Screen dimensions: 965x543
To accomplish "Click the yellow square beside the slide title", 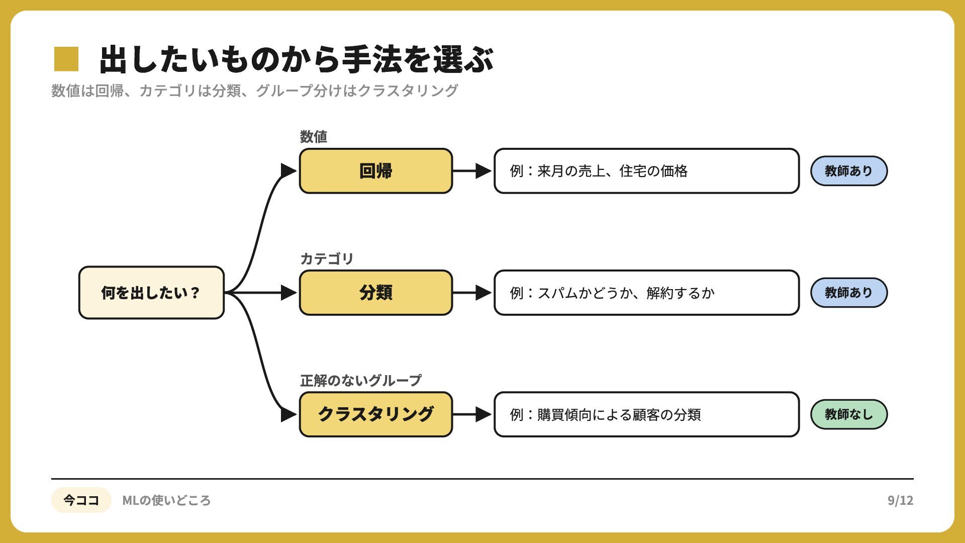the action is click(66, 59).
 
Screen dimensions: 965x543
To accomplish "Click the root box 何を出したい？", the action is click(151, 293).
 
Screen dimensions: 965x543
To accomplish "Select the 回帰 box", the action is click(376, 171).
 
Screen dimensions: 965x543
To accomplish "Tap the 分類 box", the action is click(376, 293).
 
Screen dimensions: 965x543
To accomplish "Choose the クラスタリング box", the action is click(376, 414).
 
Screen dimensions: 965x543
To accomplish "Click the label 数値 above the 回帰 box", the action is click(314, 137).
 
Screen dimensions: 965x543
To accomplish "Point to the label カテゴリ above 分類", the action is click(327, 259).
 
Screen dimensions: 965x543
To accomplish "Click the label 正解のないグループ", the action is click(361, 381).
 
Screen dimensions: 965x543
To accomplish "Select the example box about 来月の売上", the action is click(647, 171).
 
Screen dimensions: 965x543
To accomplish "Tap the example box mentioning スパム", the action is click(647, 293).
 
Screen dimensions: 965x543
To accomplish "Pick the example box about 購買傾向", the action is click(647, 414).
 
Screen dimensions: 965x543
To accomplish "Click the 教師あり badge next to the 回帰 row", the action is click(849, 171).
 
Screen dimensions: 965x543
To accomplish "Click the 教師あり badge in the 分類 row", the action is click(849, 293).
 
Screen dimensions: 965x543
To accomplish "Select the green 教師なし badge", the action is click(849, 414).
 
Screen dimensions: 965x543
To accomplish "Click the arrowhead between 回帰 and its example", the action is click(484, 171).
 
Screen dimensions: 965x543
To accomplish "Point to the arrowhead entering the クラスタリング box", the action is click(289, 414).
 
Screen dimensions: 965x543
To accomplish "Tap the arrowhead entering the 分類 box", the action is click(289, 293).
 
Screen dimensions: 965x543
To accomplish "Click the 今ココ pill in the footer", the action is click(81, 500).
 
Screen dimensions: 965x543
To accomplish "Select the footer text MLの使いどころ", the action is click(166, 500).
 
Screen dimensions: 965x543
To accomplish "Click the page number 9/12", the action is click(900, 500).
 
